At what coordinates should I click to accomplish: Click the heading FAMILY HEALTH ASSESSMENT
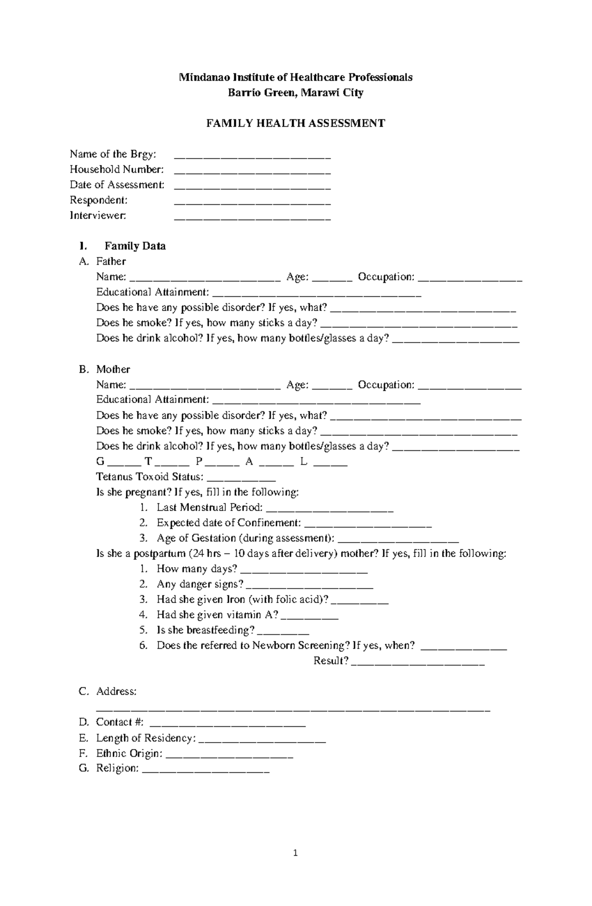295,123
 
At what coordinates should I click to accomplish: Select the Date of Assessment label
117,185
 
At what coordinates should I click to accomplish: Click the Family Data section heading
135,246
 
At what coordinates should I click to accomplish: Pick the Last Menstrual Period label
210,508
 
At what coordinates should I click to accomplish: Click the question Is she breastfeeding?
206,630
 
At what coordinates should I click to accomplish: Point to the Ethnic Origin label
129,753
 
